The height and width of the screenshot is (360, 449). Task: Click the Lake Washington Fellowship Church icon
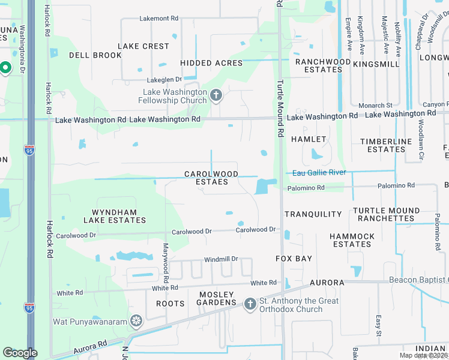coord(216,95)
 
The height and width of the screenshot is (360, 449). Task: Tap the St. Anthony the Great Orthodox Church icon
coord(251,304)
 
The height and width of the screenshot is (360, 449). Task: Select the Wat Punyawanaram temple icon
coord(137,322)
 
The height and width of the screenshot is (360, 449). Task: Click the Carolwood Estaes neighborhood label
coord(211,178)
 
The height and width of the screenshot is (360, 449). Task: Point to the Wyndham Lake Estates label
coord(119,216)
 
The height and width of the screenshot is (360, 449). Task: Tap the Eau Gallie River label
coord(319,173)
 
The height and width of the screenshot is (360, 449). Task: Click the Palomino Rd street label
coord(306,188)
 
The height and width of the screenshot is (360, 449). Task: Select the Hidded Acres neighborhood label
coord(211,63)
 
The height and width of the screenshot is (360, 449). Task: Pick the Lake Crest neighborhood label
coord(143,46)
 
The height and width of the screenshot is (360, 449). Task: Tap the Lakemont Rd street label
coord(159,19)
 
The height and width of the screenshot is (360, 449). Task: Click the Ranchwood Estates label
coord(323,65)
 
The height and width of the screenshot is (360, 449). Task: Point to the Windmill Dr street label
coord(221,259)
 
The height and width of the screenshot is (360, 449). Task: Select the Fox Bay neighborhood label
coord(294,259)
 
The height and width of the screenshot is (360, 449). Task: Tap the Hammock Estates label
coord(352,240)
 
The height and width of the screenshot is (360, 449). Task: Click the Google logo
coord(20,353)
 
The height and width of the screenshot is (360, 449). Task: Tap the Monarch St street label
coord(375,106)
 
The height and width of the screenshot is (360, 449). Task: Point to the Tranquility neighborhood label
coord(313,214)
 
